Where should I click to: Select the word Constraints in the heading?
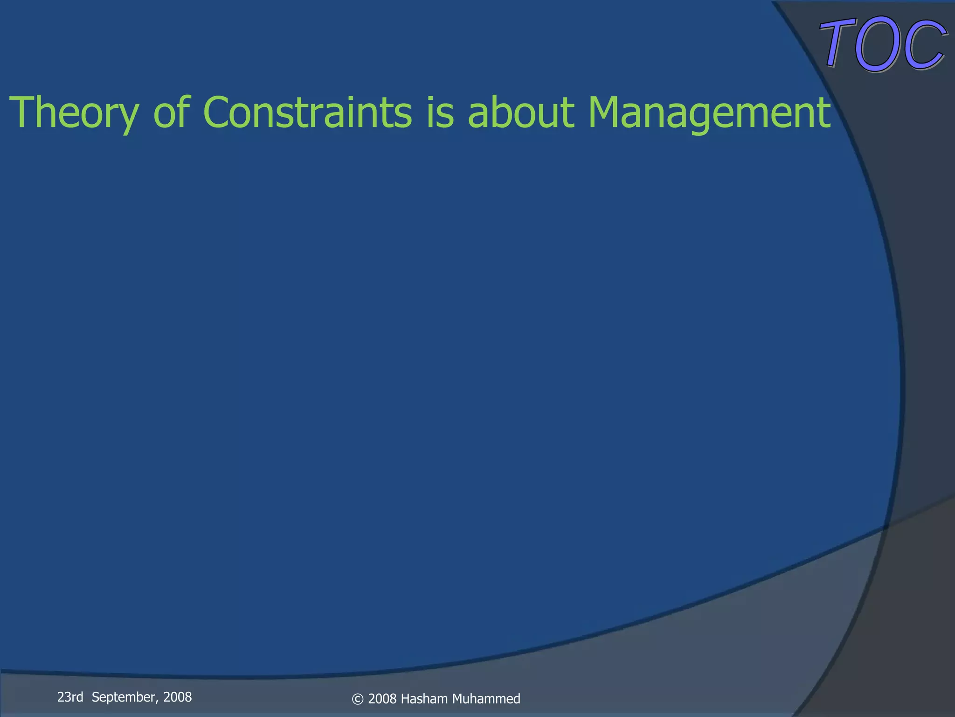(x=307, y=112)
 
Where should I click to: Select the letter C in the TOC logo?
(x=923, y=46)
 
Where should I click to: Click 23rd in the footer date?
(x=70, y=697)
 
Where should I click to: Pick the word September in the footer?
(x=125, y=697)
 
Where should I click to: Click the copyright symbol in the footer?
(x=357, y=699)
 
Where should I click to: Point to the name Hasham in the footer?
(x=424, y=699)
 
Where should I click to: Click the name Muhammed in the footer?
(x=486, y=699)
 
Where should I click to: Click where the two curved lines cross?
(x=885, y=527)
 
